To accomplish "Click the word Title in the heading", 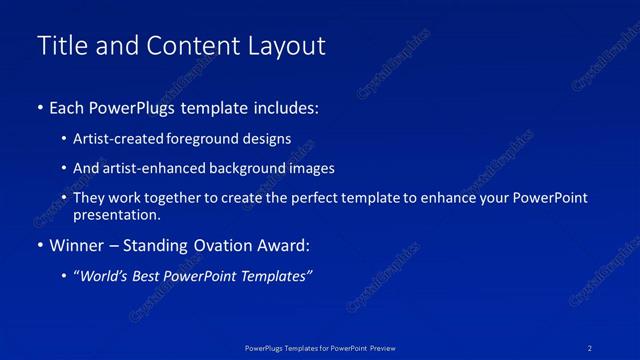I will pyautogui.click(x=60, y=46).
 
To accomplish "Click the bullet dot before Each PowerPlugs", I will pyautogui.click(x=39, y=107).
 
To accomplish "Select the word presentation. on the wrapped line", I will pyautogui.click(x=117, y=214).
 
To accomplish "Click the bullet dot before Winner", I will pyautogui.click(x=39, y=246).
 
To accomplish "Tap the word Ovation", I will pyautogui.click(x=215, y=246).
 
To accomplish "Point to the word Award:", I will pyautogui.click(x=285, y=246).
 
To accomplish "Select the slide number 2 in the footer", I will pyautogui.click(x=591, y=348).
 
